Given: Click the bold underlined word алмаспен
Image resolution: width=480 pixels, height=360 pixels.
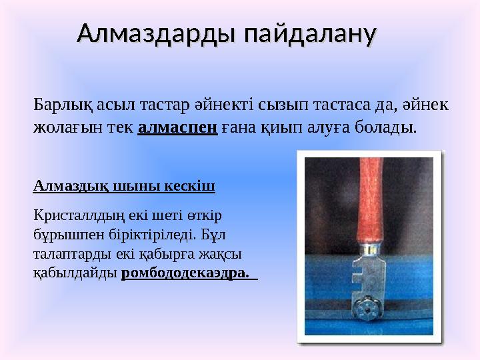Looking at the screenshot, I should tap(178, 126).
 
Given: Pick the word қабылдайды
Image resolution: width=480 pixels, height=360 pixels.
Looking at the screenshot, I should tap(75, 273).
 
